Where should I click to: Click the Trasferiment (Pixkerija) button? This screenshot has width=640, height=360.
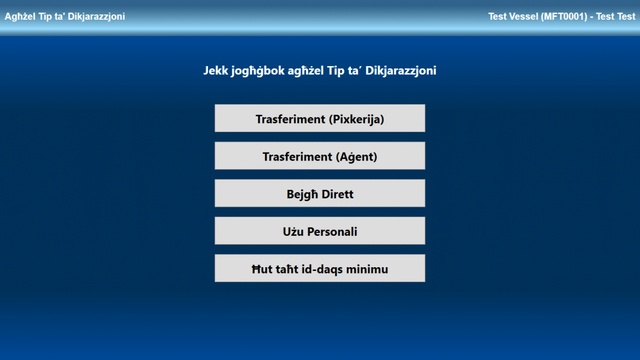pyautogui.click(x=319, y=118)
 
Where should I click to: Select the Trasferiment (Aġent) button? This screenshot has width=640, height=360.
pyautogui.click(x=319, y=156)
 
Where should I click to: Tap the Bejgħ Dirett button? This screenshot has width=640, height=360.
pyautogui.click(x=319, y=193)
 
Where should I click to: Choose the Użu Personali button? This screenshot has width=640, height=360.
pyautogui.click(x=319, y=230)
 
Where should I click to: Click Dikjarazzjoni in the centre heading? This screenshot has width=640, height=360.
pyautogui.click(x=401, y=71)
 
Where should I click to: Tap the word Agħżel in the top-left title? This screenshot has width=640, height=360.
pyautogui.click(x=20, y=17)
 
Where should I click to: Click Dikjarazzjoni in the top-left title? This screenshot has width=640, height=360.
pyautogui.click(x=97, y=17)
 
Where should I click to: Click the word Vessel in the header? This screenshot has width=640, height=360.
pyautogui.click(x=523, y=17)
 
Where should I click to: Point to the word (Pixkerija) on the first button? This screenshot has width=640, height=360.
pyautogui.click(x=356, y=119)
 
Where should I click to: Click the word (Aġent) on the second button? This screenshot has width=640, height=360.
pyautogui.click(x=356, y=157)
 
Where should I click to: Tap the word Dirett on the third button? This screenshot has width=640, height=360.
pyautogui.click(x=338, y=194)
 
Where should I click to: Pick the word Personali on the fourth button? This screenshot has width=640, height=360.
pyautogui.click(x=332, y=231)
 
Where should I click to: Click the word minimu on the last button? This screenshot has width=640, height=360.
pyautogui.click(x=367, y=269)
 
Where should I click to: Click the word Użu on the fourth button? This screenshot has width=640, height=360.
pyautogui.click(x=293, y=231)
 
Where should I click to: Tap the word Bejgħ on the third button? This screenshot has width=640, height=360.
pyautogui.click(x=302, y=195)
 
